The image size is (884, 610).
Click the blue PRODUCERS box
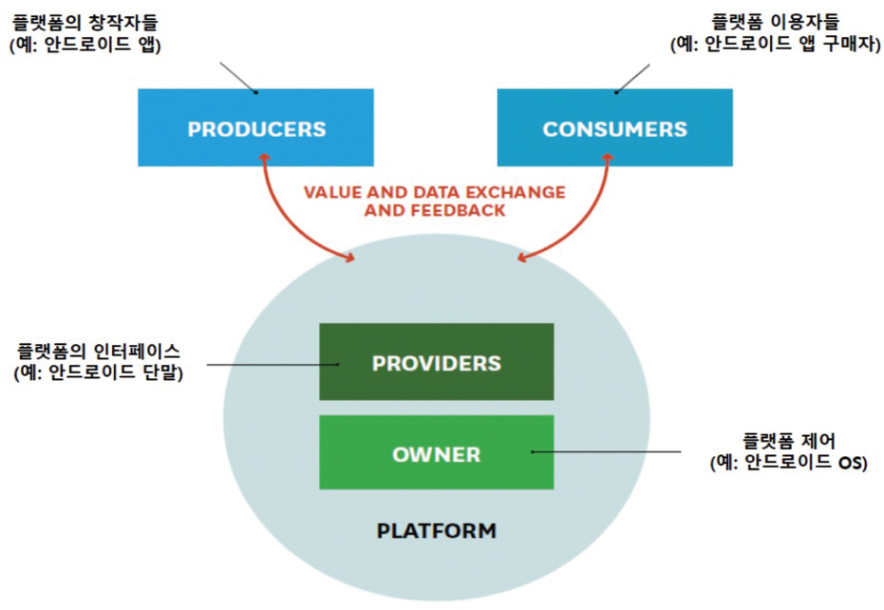tap(255, 128)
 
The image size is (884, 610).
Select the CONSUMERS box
tap(614, 128)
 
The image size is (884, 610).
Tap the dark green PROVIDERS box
tap(436, 362)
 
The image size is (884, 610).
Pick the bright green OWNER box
tap(436, 453)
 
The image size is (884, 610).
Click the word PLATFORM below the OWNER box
tap(436, 530)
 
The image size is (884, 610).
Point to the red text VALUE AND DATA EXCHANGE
tap(434, 192)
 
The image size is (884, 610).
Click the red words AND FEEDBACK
tap(434, 210)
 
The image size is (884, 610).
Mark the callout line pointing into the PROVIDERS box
tap(271, 363)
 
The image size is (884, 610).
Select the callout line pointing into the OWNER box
tap(608, 452)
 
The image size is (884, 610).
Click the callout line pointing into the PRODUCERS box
tap(238, 78)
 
